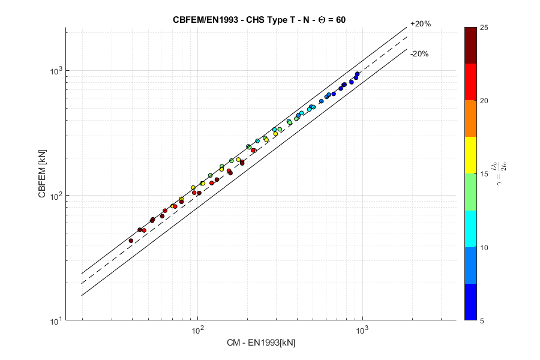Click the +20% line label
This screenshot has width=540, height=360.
(x=420, y=24)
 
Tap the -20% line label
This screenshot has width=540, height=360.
(x=419, y=53)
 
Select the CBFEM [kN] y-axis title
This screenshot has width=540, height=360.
(x=41, y=174)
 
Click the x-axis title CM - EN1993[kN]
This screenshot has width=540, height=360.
(x=261, y=343)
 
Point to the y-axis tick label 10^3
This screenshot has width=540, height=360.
(x=55, y=71)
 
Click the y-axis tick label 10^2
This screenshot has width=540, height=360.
(x=55, y=196)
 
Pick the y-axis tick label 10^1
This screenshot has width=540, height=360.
(x=55, y=321)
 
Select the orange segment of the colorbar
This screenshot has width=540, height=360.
(x=471, y=118)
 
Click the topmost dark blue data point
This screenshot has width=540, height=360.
(x=358, y=74)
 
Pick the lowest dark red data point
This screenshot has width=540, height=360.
(x=131, y=241)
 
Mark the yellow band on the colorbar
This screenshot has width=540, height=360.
(x=471, y=155)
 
